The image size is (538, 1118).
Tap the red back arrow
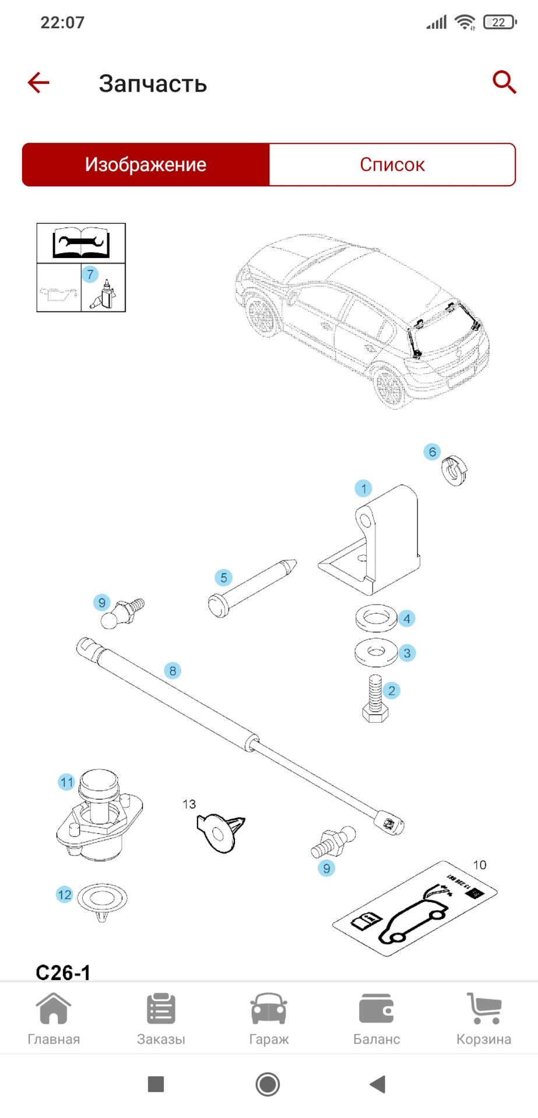tap(38, 83)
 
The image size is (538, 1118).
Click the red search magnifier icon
tap(504, 83)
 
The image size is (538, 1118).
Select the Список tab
tap(392, 165)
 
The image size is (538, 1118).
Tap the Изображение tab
tap(146, 165)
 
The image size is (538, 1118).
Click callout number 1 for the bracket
tap(364, 489)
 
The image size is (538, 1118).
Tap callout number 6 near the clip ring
tap(432, 452)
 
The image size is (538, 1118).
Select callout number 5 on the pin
tap(223, 578)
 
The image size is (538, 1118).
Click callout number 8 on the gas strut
tap(173, 671)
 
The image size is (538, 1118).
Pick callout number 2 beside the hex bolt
tap(392, 691)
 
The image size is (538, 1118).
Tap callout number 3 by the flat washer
tap(407, 653)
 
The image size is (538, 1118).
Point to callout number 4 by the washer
tap(407, 618)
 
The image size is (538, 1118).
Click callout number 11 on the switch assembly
tap(66, 783)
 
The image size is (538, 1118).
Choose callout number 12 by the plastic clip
tap(65, 895)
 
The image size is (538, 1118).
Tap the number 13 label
tap(189, 804)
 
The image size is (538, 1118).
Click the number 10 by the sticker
tap(479, 865)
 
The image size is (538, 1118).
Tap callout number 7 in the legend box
tap(90, 274)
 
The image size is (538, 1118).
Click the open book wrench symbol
tap(80, 243)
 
